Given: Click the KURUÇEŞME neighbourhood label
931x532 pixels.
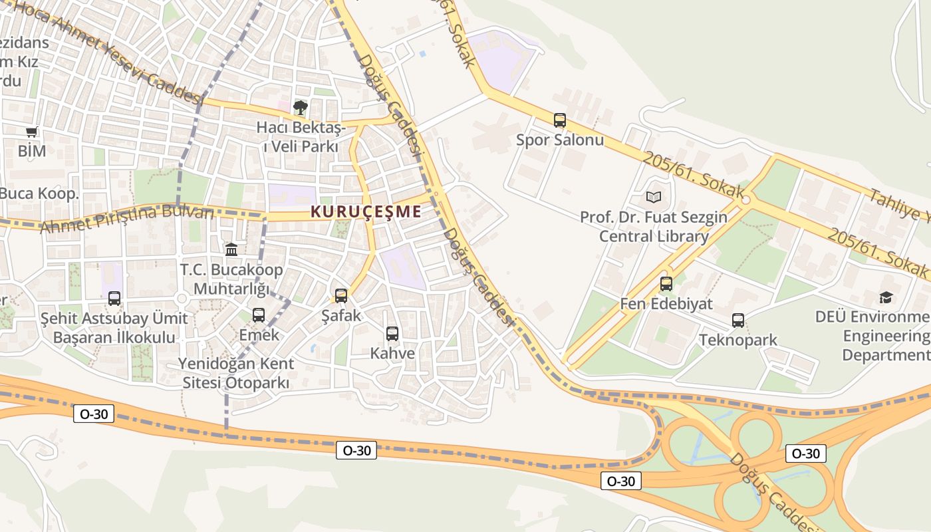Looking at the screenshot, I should [366, 211].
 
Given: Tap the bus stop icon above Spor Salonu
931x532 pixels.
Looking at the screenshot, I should [560, 120].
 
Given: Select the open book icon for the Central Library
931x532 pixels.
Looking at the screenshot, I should [654, 198].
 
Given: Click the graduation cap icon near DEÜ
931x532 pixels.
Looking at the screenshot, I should [886, 297].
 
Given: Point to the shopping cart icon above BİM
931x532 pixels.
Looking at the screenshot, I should [31, 132].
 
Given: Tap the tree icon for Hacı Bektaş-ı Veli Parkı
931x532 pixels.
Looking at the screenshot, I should [301, 107].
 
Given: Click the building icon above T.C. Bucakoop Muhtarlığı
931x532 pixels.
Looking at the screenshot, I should [231, 250].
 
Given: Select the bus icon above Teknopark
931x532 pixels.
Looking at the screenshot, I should [738, 321].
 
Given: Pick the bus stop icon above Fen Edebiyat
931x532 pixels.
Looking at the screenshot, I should [666, 284].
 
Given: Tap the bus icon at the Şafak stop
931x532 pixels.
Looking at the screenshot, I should [341, 295].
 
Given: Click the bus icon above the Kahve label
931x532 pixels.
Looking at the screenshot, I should [392, 334].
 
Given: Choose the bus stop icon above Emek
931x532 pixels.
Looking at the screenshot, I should [259, 315].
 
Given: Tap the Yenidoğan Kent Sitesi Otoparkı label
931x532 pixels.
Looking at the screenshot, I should [235, 374].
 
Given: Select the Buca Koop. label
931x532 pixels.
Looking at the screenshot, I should [39, 194].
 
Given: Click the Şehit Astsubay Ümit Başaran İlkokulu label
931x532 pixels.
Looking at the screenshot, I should [114, 328].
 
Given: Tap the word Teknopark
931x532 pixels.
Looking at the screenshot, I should [737, 340].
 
